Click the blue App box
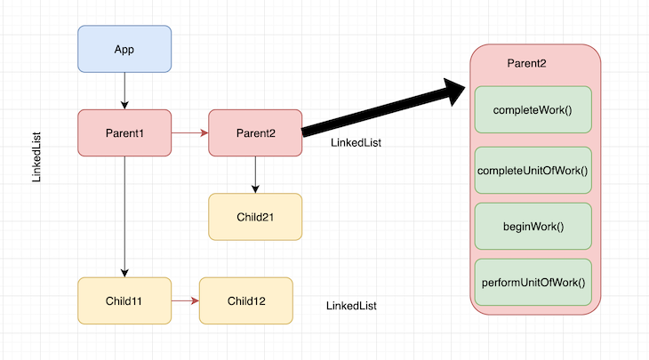124,49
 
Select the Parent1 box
124,133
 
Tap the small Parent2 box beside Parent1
255,133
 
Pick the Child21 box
255,216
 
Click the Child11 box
124,300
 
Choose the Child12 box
246,300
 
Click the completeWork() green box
533,110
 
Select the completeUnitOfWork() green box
533,170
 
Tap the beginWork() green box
533,226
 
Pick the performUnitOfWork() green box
533,283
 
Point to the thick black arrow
382,109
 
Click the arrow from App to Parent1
124,91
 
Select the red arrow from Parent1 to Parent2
189,133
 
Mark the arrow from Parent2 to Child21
255,174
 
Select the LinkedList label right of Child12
351,306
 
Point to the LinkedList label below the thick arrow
356,143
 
